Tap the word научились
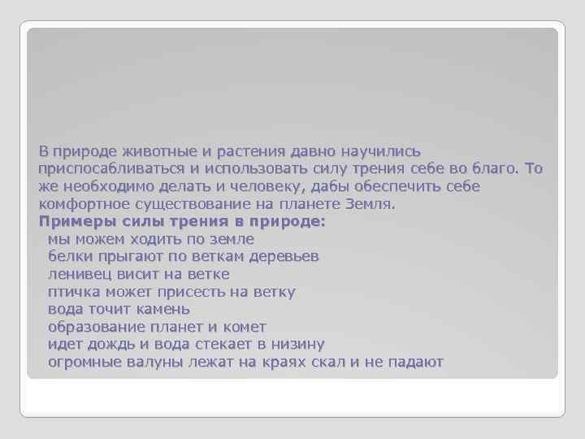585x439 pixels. point(375,151)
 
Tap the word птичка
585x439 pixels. point(74,291)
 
